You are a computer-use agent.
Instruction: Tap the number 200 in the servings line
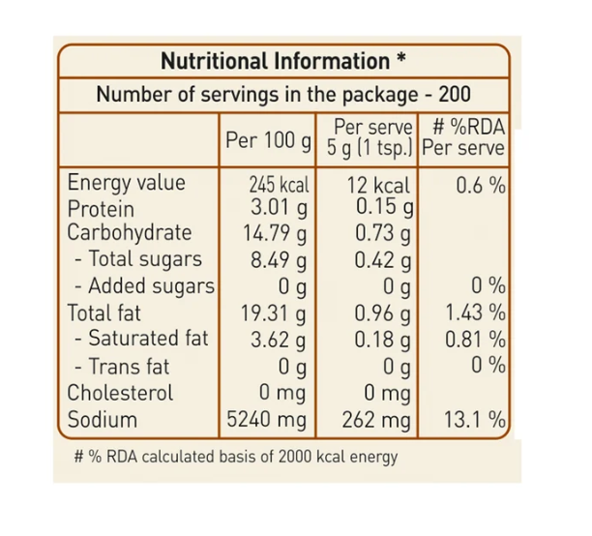pos(455,94)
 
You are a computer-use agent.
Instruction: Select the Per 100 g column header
pos(268,140)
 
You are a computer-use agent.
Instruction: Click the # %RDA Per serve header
pos(463,137)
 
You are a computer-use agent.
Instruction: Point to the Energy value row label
pos(126,183)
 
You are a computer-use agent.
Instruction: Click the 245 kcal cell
pos(279,185)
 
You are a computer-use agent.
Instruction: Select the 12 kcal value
pos(378,186)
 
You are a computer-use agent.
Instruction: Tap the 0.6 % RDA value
pos(481,186)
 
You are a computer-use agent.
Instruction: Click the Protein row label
pos(101,209)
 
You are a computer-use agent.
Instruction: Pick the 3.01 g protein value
pos(279,208)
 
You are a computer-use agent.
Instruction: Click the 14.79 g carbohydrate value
pos(275,233)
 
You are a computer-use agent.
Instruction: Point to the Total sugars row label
pos(138,258)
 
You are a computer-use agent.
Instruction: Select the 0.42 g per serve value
pos(382,260)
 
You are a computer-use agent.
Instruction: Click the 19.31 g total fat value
pos(274,314)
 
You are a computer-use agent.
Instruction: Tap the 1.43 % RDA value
pos(475,313)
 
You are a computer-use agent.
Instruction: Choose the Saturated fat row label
pos(141,338)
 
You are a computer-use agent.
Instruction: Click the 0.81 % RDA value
pos(475,340)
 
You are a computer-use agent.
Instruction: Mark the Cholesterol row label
pos(120,393)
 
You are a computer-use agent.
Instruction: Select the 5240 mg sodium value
pos(267,420)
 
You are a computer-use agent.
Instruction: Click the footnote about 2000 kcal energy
pos(236,457)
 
